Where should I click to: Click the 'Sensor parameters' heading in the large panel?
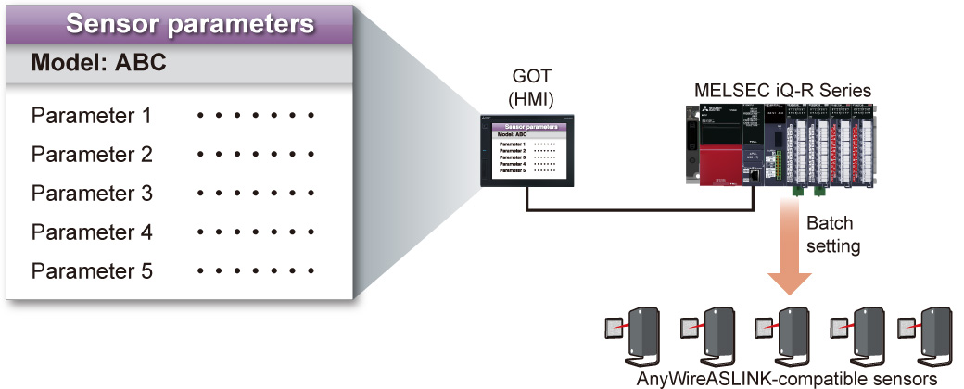(x=190, y=23)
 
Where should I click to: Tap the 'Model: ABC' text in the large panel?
(x=99, y=64)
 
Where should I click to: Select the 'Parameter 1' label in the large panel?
(x=91, y=117)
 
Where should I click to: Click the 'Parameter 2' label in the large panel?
(x=91, y=155)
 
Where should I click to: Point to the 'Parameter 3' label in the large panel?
(x=91, y=194)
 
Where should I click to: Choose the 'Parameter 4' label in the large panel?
(x=91, y=232)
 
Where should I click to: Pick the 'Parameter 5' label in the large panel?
(x=91, y=271)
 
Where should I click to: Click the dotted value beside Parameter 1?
(x=256, y=117)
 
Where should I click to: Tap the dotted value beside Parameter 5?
(x=256, y=271)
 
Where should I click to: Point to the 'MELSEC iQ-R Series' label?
(x=782, y=90)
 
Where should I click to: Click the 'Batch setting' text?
(x=830, y=235)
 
